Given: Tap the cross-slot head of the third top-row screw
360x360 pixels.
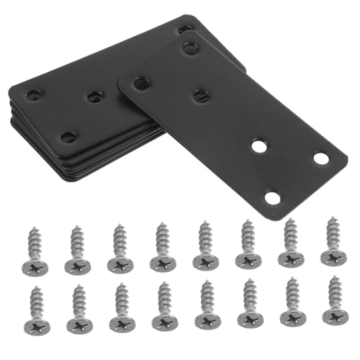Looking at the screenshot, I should (x=120, y=264).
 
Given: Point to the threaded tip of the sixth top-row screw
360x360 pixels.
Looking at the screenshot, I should (x=246, y=225).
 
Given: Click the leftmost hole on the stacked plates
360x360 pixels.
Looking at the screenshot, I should (x=34, y=94).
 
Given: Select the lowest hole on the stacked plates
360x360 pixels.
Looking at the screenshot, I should (x=68, y=135).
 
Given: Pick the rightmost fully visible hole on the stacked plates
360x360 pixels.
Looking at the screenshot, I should (x=94, y=96).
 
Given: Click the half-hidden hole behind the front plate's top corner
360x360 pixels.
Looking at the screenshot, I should (x=184, y=29).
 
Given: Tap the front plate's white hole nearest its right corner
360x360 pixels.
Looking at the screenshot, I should (x=320, y=158).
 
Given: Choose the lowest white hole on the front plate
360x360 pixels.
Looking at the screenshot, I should (x=271, y=196).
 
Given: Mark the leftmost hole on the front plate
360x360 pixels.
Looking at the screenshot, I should (x=141, y=83).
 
